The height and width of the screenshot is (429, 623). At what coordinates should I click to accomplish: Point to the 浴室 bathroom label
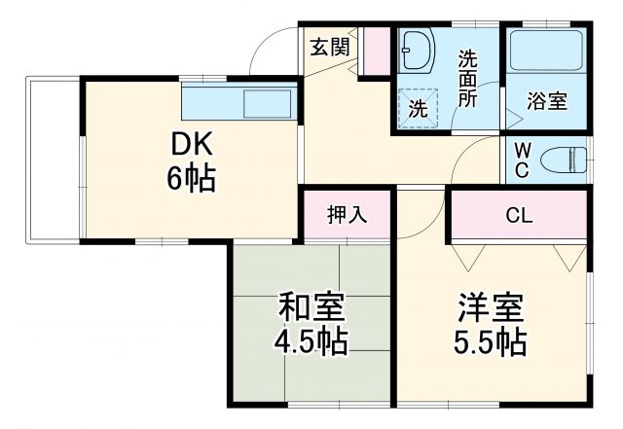point(548,100)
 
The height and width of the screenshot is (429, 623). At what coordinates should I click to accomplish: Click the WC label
point(522,161)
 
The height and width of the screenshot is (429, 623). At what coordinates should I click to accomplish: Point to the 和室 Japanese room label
point(311,309)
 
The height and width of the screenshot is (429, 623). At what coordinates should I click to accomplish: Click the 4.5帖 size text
point(311,342)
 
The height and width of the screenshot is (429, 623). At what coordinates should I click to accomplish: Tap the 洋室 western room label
point(492,309)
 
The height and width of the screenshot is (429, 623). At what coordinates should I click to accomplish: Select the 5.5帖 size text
point(492,342)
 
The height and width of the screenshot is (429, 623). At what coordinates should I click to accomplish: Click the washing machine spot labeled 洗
point(418,108)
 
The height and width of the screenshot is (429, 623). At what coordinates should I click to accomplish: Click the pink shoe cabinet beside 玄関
point(373,54)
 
